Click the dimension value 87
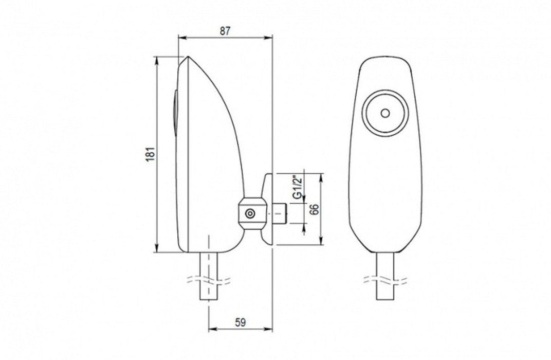pos(225,30)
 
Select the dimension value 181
pos(150,154)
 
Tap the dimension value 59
pos(241,322)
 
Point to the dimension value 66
pos(315,209)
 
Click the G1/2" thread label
pos(298,190)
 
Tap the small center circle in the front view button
pos(385,113)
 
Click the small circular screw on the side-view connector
pos(250,213)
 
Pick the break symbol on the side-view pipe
pos(209,281)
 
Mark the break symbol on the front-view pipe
pos(385,280)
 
